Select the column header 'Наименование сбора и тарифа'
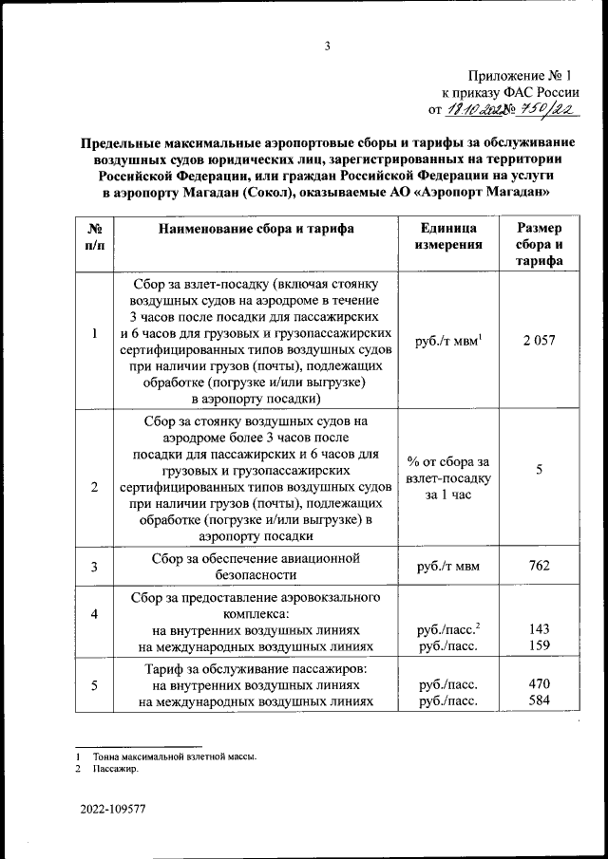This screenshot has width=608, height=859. [256, 229]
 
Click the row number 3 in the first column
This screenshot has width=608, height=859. [94, 568]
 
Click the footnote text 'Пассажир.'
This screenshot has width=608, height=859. [117, 770]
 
